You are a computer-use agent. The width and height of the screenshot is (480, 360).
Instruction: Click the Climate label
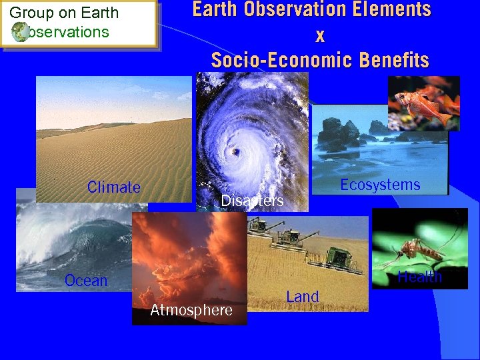pyautogui.click(x=113, y=187)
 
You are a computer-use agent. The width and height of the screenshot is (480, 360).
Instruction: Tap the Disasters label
pyautogui.click(x=252, y=201)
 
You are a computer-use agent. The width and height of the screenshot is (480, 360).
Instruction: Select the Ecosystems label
pyautogui.click(x=380, y=185)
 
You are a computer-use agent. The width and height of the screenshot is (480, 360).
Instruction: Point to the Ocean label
pyautogui.click(x=86, y=281)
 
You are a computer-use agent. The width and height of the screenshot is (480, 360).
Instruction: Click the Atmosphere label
pyautogui.click(x=191, y=310)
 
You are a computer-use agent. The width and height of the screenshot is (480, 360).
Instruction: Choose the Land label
pyautogui.click(x=303, y=297)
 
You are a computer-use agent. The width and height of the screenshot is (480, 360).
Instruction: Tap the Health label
pyautogui.click(x=419, y=277)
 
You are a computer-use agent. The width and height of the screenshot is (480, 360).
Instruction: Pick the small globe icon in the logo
pyautogui.click(x=20, y=32)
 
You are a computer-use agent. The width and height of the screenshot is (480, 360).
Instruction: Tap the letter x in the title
pyautogui.click(x=320, y=36)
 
